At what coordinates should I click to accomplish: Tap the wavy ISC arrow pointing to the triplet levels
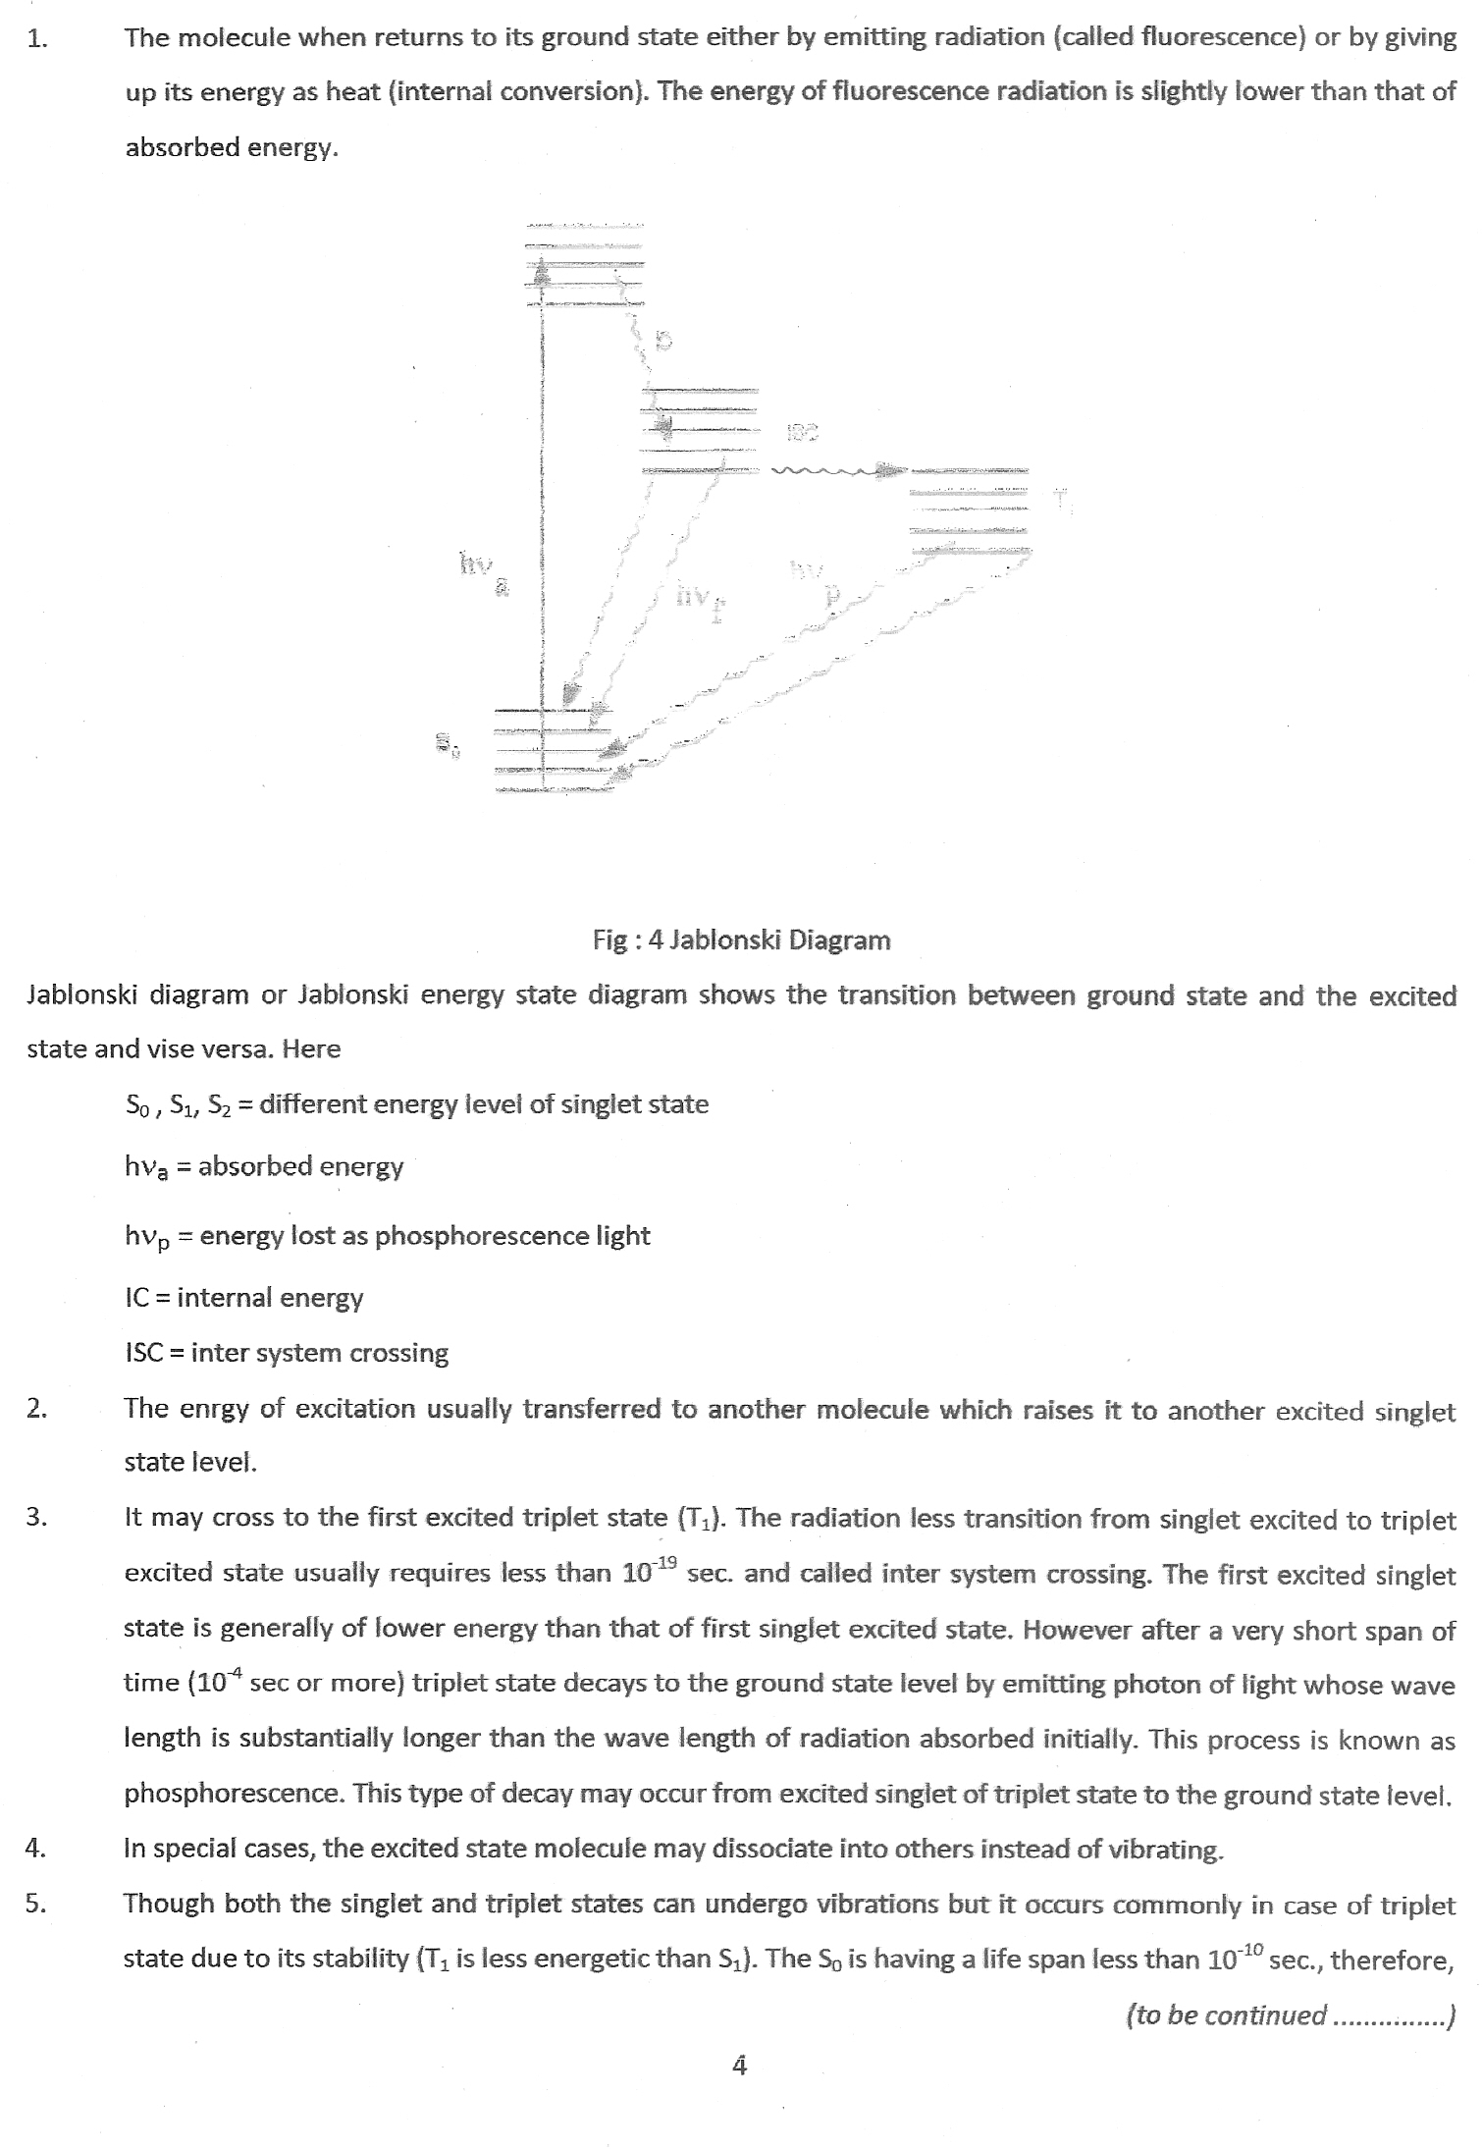pyautogui.click(x=834, y=472)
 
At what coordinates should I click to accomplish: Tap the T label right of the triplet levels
pyautogui.click(x=1061, y=498)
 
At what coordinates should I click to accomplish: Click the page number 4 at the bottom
pyautogui.click(x=740, y=2067)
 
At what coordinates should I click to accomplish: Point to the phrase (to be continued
pyautogui.click(x=1227, y=2015)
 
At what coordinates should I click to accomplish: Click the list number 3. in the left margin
pyautogui.click(x=36, y=1518)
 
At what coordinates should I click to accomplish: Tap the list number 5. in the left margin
pyautogui.click(x=36, y=1904)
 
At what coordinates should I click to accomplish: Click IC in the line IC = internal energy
pyautogui.click(x=136, y=1298)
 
